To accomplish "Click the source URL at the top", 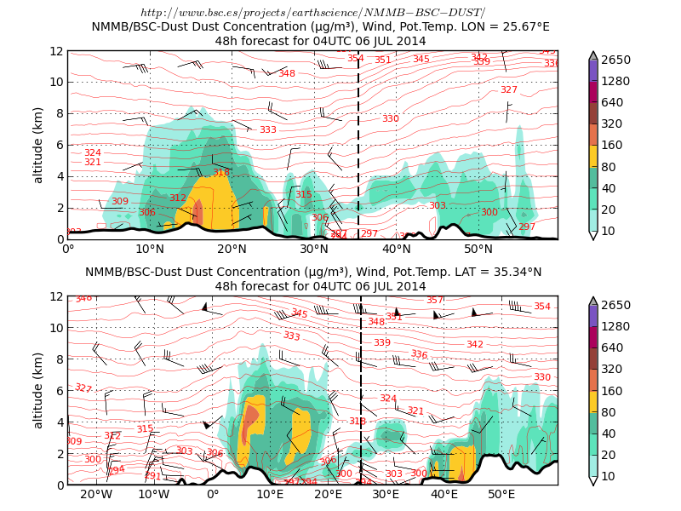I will tap(312, 13).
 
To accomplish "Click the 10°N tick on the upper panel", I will tap(150, 249).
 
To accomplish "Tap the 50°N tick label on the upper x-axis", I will tap(478, 249).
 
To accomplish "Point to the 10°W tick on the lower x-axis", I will tap(153, 494).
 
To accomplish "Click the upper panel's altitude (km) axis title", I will tap(37, 145).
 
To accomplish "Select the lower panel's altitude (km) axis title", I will tap(37, 390).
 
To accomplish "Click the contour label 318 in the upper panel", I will tap(221, 173).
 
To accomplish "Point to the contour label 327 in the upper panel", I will tap(508, 89).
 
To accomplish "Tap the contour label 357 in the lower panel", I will tap(435, 300).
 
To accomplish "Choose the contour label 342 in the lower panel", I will tap(475, 344).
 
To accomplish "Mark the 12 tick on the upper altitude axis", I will tap(57, 51).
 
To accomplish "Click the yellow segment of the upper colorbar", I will tap(593, 156).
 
